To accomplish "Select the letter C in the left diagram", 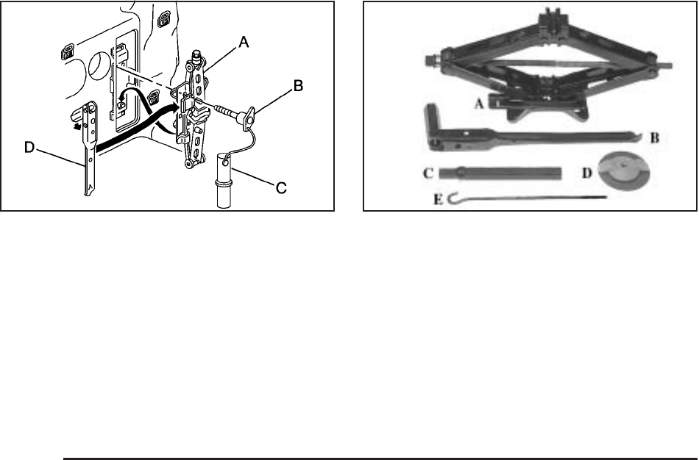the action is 280,188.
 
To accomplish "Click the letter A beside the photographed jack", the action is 478,104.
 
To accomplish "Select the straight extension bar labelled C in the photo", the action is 500,174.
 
